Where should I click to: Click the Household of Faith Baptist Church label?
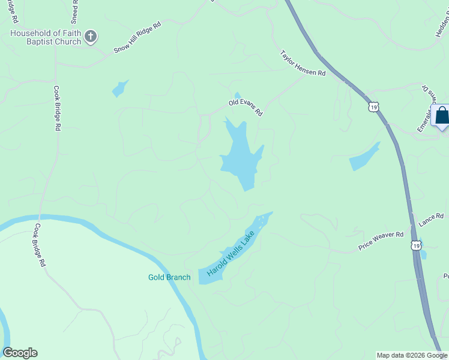point(45,37)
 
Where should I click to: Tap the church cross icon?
point(91,37)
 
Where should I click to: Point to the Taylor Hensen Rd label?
point(303,63)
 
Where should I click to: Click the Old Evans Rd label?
point(246,107)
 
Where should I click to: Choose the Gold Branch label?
point(169,277)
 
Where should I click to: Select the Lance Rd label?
point(431,220)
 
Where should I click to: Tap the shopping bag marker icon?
point(442,116)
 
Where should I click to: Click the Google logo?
point(20,353)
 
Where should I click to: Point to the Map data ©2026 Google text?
point(412,355)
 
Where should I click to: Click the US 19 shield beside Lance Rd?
point(416,245)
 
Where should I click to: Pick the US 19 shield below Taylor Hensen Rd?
point(373,107)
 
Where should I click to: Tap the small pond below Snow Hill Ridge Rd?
point(120,88)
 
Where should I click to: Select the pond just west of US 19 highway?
point(364,157)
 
